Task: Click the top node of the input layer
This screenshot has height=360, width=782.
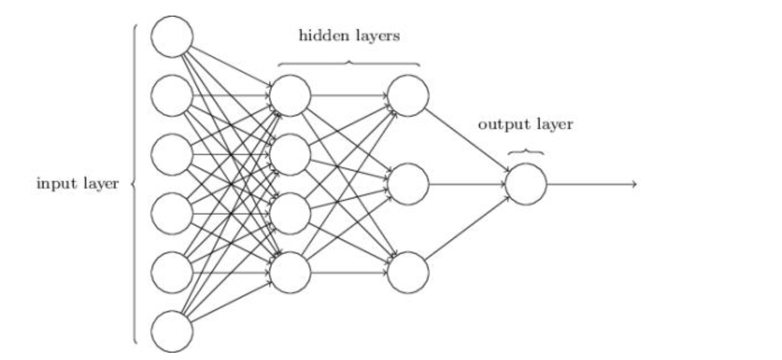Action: [172, 36]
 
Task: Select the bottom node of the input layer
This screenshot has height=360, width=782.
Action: [172, 331]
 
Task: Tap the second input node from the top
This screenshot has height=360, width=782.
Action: [172, 96]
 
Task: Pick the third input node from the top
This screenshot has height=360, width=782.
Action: [172, 155]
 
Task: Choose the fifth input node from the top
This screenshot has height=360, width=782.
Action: [172, 272]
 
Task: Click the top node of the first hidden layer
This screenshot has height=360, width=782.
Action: [290, 96]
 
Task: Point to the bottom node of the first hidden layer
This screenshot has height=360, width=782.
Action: [290, 272]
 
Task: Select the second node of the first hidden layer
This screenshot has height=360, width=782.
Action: [290, 155]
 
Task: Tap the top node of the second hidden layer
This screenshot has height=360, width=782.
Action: [408, 96]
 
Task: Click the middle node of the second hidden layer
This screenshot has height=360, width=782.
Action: [408, 184]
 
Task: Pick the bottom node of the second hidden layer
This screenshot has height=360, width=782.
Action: [408, 272]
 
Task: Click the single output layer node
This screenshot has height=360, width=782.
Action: [526, 184]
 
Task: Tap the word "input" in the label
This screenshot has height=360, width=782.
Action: [55, 184]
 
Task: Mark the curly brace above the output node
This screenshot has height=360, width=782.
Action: [526, 152]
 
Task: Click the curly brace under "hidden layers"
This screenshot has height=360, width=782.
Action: [349, 63]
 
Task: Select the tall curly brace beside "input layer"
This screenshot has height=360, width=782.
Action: [135, 184]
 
